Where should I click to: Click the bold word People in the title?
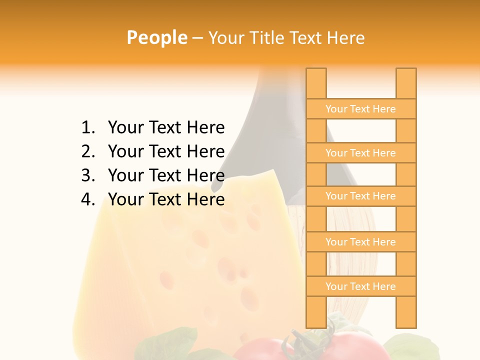(156, 37)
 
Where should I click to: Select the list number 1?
(88, 128)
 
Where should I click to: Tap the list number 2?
(88, 151)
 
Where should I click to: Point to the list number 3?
(88, 175)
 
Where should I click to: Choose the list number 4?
(88, 199)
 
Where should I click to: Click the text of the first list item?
(166, 128)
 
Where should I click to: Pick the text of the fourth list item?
(166, 199)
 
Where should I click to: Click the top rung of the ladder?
(360, 109)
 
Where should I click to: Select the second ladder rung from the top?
(360, 153)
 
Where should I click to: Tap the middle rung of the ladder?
(360, 196)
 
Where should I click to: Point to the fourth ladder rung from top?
(360, 242)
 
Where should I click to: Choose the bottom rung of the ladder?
(360, 286)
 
